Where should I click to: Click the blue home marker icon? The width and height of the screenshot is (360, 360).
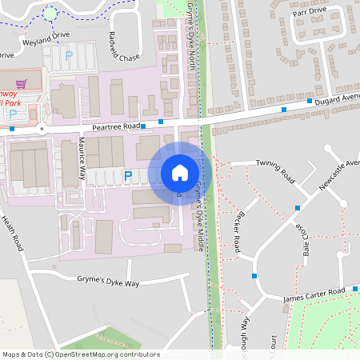click(180, 173)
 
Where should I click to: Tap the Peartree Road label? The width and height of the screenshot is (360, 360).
click(116, 127)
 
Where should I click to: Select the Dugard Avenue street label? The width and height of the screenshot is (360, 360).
click(336, 98)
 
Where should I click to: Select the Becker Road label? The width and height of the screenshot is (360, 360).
click(238, 228)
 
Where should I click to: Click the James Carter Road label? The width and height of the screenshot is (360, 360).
click(315, 295)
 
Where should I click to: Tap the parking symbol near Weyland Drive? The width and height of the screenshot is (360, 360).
click(68, 56)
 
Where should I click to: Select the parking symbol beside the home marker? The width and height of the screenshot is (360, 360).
click(128, 174)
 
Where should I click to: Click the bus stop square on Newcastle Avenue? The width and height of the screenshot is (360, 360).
click(298, 208)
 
